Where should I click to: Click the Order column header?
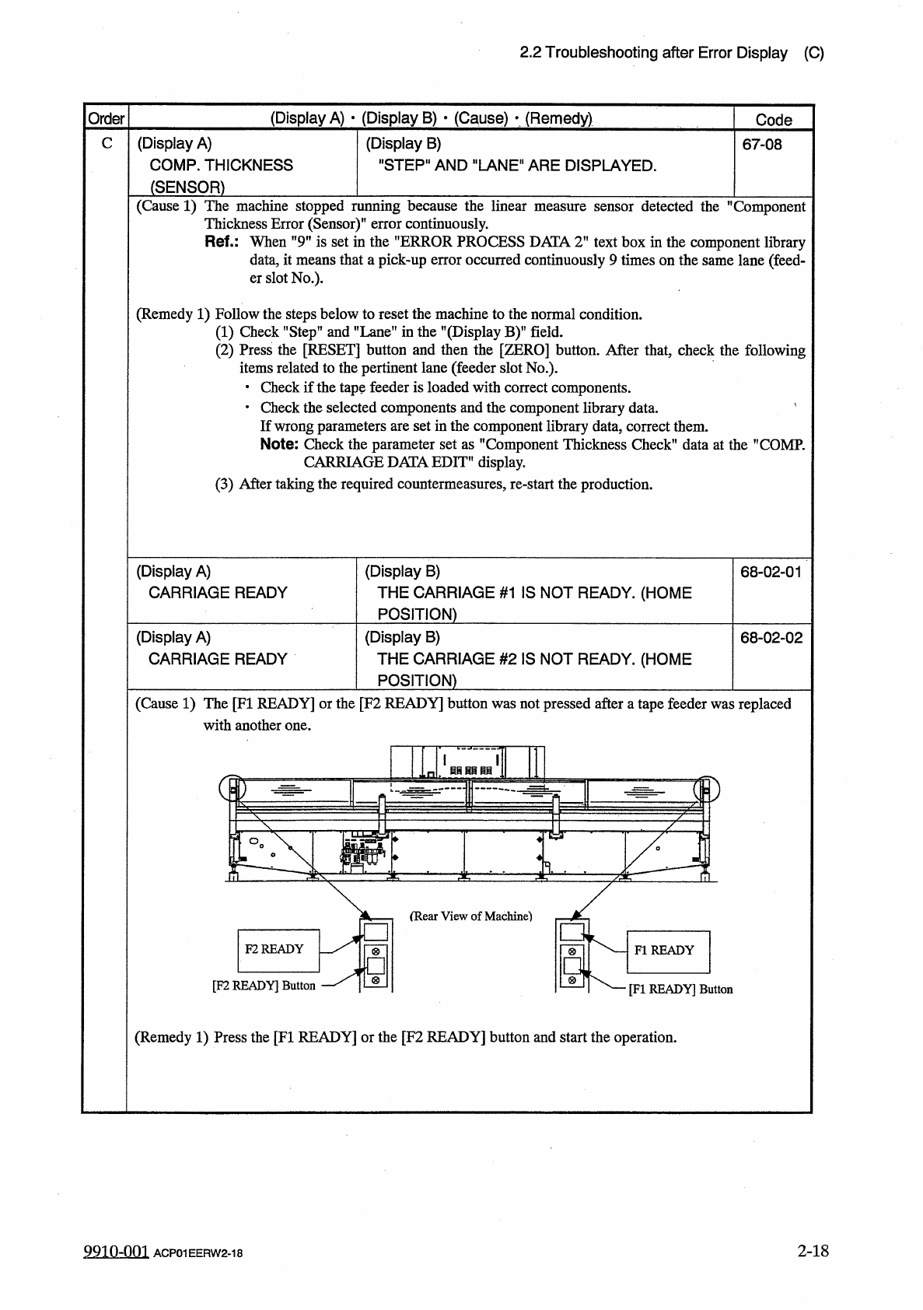pyautogui.click(x=106, y=119)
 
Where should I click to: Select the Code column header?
pyautogui.click(x=774, y=120)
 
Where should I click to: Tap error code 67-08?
pyautogui.click(x=762, y=144)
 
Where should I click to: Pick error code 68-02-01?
pyautogui.click(x=771, y=573)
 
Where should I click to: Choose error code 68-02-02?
pyautogui.click(x=771, y=639)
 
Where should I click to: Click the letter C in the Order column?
pyautogui.click(x=107, y=144)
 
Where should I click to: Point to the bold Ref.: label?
pyautogui.click(x=224, y=242)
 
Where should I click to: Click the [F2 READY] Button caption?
pyautogui.click(x=264, y=986)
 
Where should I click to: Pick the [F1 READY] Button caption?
pyautogui.click(x=680, y=990)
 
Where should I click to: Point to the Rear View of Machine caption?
pyautogui.click(x=470, y=916)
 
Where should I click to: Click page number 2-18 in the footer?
pyautogui.click(x=813, y=1251)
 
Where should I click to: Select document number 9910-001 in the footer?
pyautogui.click(x=115, y=1252)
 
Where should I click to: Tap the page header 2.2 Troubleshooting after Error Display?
pyautogui.click(x=653, y=53)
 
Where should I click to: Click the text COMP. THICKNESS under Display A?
pyautogui.click(x=221, y=165)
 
